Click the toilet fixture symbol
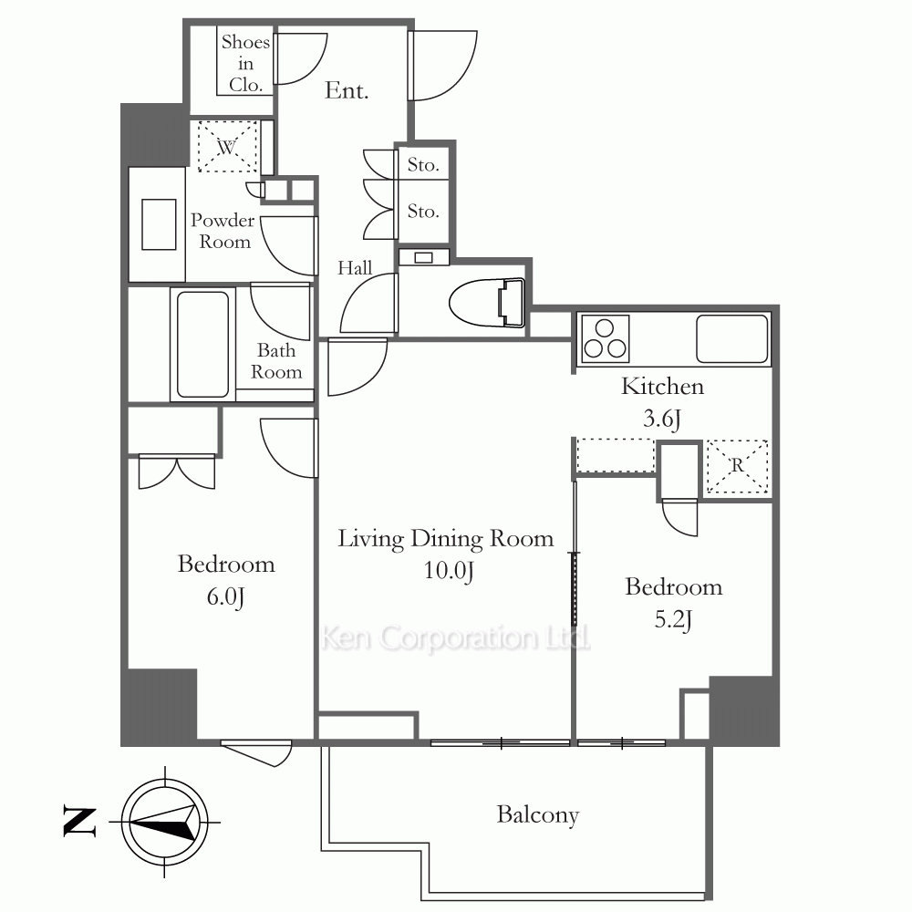[487, 303]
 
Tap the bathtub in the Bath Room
[203, 344]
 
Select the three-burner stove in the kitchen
[606, 339]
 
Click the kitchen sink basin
[732, 339]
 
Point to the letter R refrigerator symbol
[738, 466]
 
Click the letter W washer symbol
[227, 146]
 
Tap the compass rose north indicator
[164, 822]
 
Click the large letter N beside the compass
[79, 822]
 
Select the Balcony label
[538, 814]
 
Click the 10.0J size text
[449, 571]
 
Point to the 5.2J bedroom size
[673, 619]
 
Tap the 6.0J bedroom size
[225, 596]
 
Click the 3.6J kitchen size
[662, 419]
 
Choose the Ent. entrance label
[347, 90]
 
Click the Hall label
[355, 267]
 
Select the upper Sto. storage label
[423, 165]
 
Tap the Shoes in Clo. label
[245, 64]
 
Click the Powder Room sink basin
[159, 224]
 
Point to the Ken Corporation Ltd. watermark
[455, 637]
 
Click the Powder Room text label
[223, 231]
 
